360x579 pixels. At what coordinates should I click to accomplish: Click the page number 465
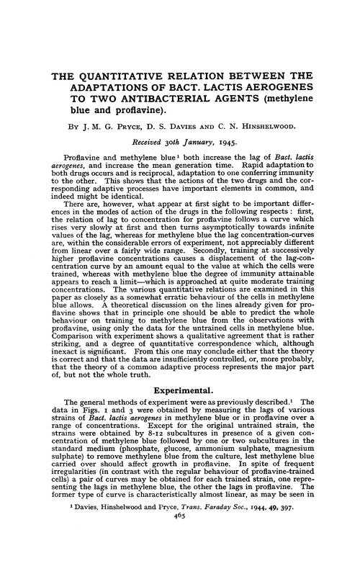180,566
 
